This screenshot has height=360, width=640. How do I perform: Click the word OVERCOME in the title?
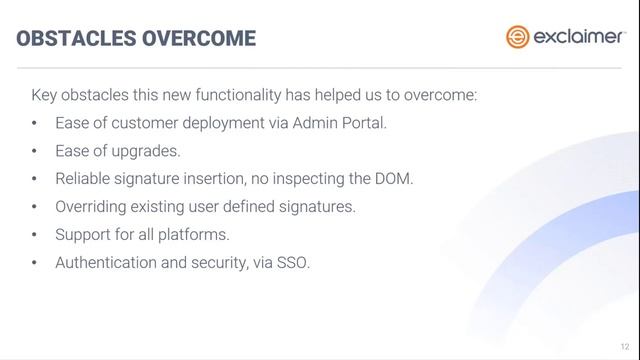click(198, 39)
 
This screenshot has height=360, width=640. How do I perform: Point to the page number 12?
click(624, 343)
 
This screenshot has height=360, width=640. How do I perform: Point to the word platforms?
click(197, 236)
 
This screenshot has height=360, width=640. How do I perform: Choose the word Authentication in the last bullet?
click(106, 264)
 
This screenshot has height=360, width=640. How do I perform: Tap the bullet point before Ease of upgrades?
click(35, 152)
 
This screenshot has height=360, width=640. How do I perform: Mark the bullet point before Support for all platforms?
click(35, 236)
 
